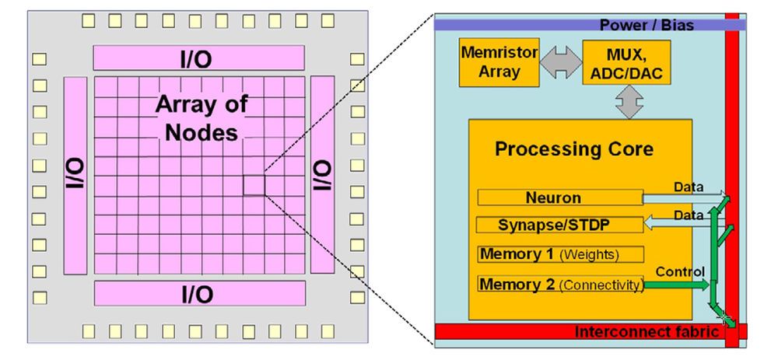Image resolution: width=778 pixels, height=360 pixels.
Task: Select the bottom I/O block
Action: tap(198, 294)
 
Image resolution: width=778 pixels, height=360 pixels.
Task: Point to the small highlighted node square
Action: tap(254, 185)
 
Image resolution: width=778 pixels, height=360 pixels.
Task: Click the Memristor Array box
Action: tap(489, 64)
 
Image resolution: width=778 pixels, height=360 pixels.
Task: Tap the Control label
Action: tap(681, 271)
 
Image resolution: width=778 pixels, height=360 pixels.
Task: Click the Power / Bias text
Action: tap(646, 25)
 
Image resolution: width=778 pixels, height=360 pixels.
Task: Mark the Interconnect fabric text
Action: tap(646, 333)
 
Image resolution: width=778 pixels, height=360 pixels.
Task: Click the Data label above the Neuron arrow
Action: tap(689, 187)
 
